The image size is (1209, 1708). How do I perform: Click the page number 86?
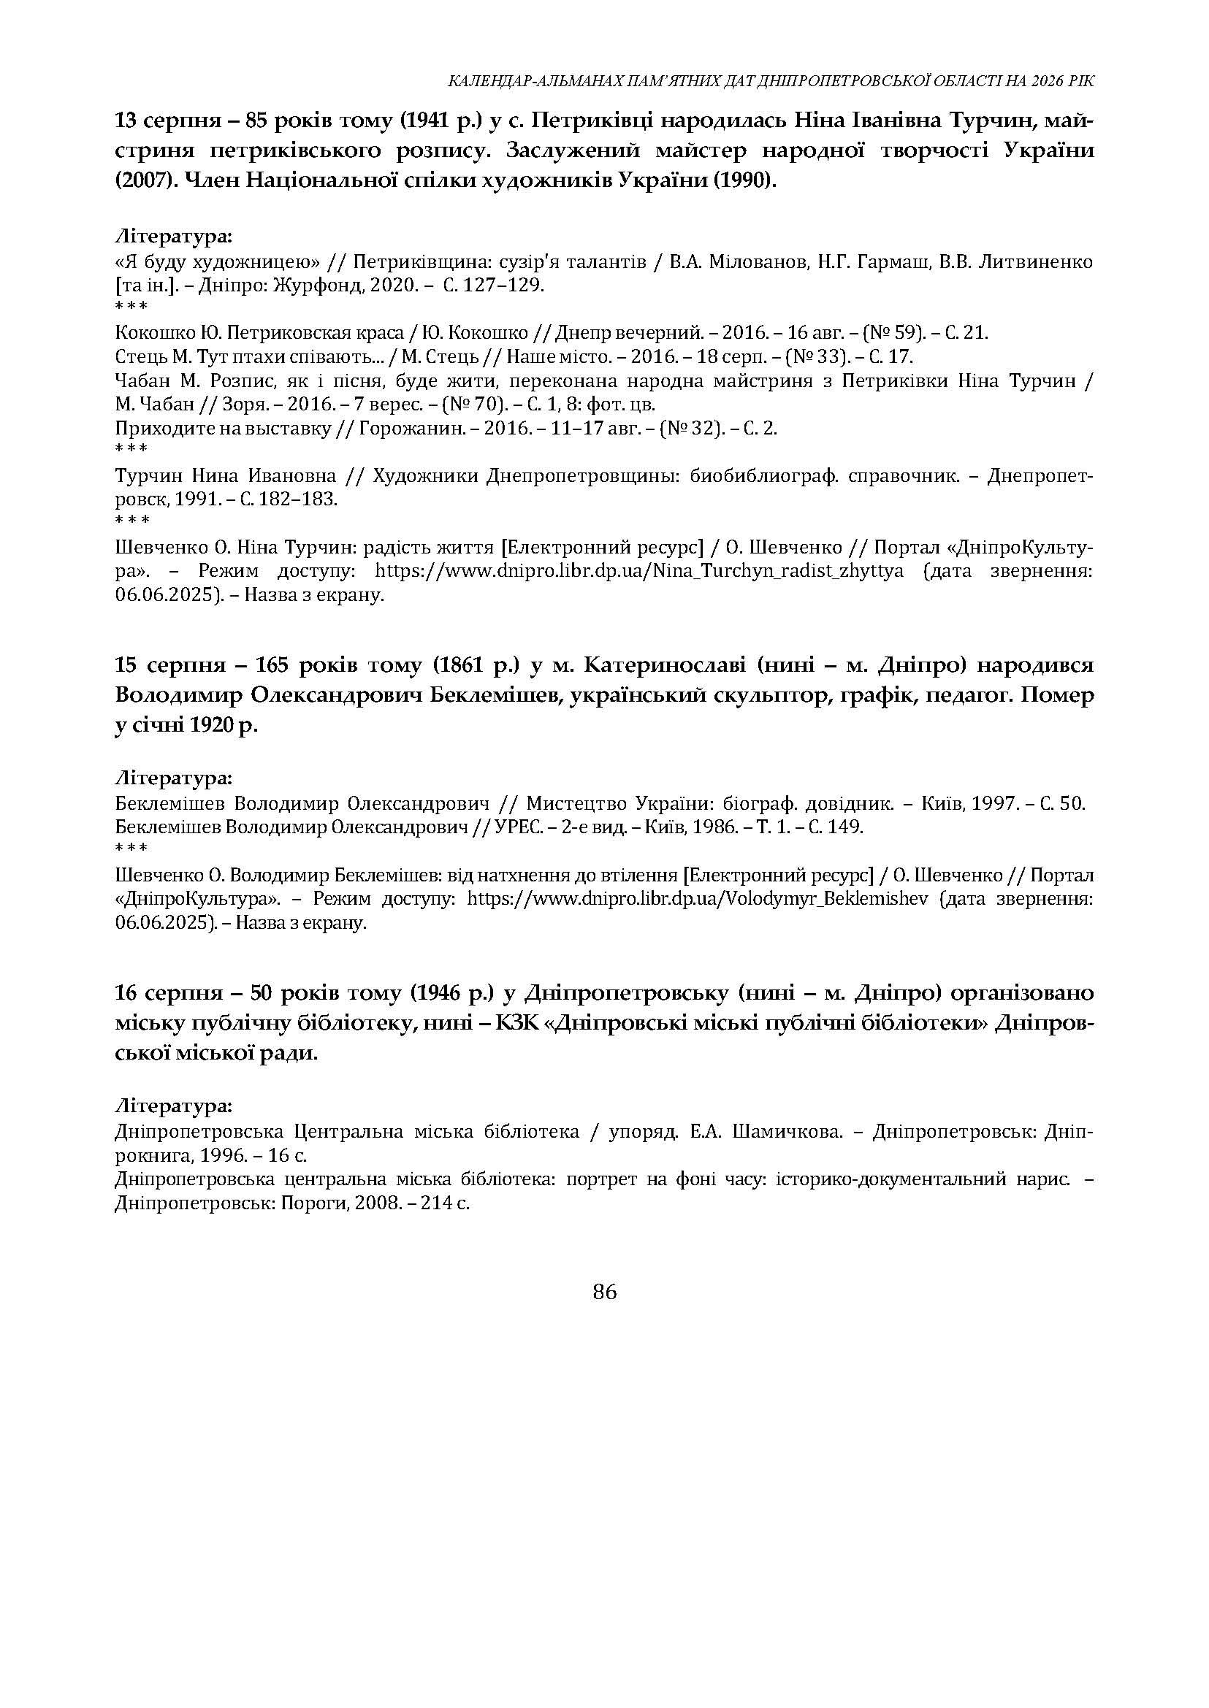605,1292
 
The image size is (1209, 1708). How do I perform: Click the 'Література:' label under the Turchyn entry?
174,237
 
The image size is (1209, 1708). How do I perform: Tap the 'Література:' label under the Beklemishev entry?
174,778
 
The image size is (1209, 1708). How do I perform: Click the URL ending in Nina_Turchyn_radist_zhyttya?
638,571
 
